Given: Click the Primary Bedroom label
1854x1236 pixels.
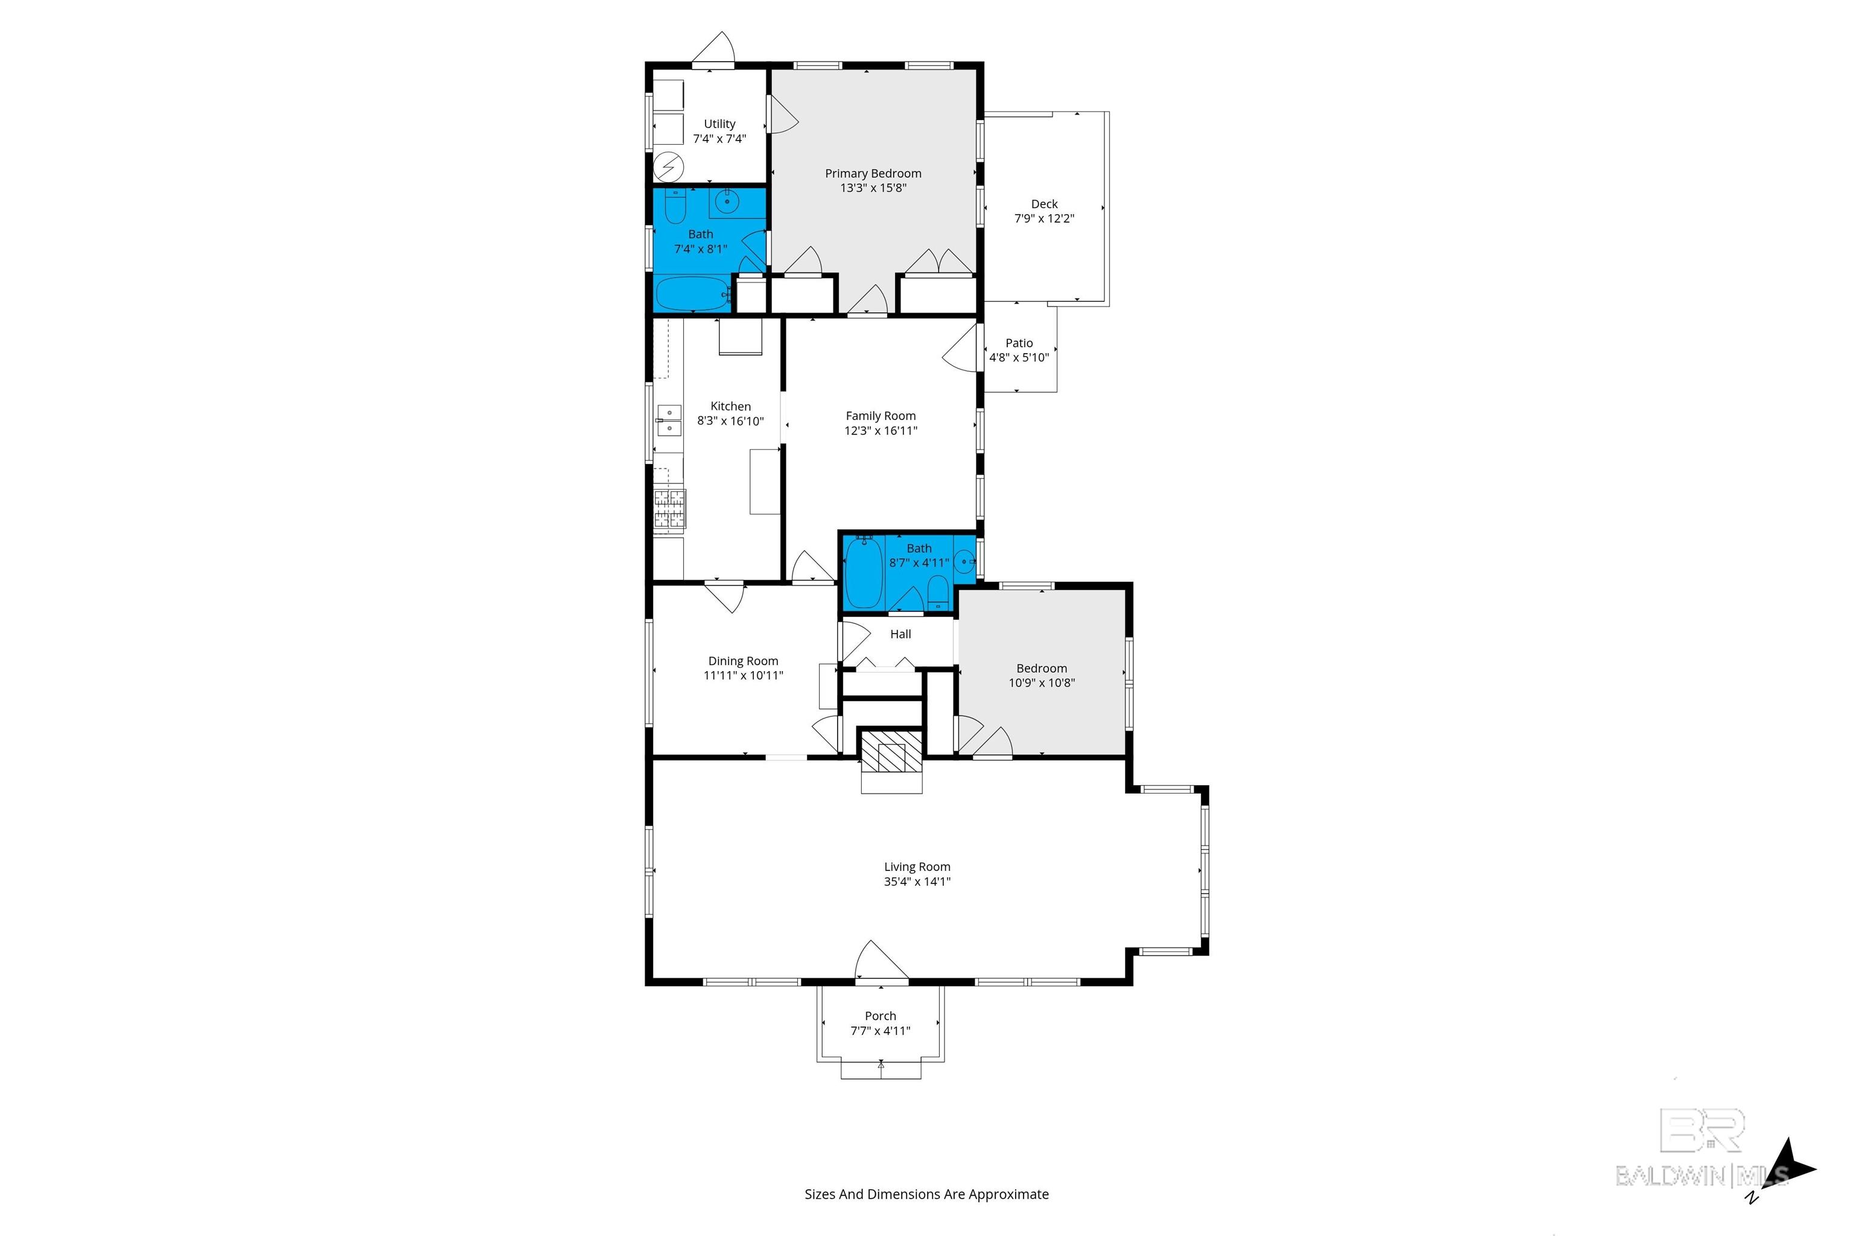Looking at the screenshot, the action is tap(873, 173).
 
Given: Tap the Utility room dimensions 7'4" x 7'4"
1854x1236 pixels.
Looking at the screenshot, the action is tap(719, 139).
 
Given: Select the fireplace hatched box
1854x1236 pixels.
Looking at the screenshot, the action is tap(891, 752).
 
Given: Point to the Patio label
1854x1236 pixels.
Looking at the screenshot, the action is tap(1019, 343).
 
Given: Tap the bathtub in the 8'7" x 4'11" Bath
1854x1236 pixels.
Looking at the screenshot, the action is tap(864, 572).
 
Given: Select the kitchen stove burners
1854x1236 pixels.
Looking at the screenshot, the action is tap(669, 508).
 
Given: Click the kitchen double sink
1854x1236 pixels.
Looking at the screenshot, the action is tap(669, 420).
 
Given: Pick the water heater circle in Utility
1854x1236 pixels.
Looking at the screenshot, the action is tap(669, 167).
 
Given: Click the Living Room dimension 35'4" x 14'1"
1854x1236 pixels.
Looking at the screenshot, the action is tap(917, 881).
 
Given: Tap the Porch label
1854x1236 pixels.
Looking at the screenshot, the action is tap(881, 1016).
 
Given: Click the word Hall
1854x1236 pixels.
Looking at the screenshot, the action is tap(900, 634).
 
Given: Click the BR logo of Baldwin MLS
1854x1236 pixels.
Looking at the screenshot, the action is tap(1702, 1130).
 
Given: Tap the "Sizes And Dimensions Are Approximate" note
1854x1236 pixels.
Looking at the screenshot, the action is tap(926, 1194).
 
